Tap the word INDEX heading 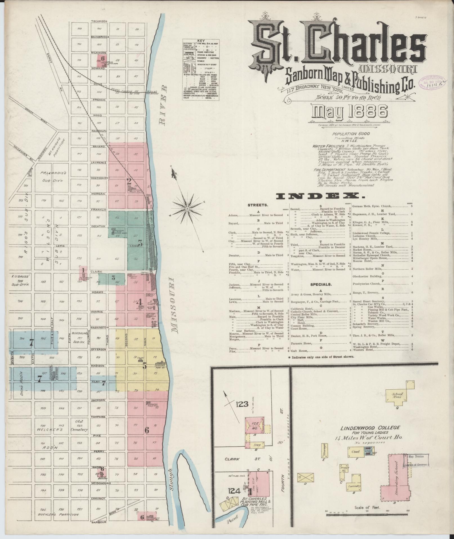tap(318, 196)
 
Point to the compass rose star tap(187, 209)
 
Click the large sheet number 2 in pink tap(129, 181)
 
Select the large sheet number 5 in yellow tap(145, 366)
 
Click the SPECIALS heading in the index tap(321, 284)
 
